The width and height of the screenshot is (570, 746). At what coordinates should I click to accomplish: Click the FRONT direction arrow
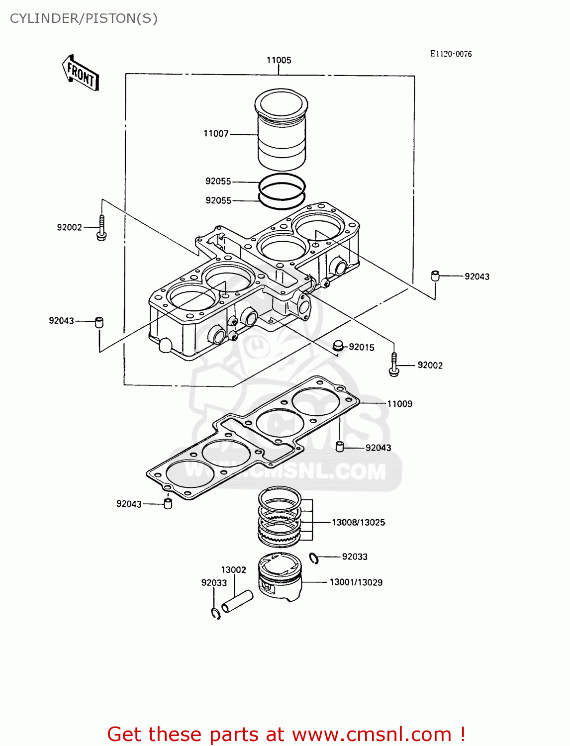(x=81, y=73)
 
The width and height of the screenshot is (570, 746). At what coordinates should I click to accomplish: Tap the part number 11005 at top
(x=279, y=60)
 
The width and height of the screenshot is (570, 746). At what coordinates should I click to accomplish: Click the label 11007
(x=216, y=134)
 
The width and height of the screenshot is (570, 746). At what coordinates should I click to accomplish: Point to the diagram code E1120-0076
(x=451, y=54)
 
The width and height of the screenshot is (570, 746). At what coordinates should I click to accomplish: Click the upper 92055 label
(x=218, y=182)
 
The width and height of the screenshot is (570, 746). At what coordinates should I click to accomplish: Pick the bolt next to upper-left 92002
(x=101, y=228)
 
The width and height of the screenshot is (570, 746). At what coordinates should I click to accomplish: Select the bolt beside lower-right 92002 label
(x=393, y=365)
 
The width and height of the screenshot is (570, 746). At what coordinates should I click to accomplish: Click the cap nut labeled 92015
(x=338, y=346)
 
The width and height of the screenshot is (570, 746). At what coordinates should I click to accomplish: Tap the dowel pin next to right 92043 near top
(x=435, y=276)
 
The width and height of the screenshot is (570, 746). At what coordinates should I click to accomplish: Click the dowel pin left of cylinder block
(x=99, y=322)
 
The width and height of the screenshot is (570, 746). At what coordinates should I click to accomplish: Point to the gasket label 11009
(x=400, y=404)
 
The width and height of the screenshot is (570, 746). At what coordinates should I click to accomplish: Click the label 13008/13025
(x=358, y=522)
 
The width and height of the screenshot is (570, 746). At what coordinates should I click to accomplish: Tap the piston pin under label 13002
(x=237, y=601)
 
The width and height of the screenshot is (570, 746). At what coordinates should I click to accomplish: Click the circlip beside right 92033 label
(x=314, y=558)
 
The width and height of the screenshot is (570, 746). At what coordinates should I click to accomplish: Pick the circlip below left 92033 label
(x=216, y=614)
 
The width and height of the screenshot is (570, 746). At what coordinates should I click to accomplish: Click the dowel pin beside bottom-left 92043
(x=168, y=504)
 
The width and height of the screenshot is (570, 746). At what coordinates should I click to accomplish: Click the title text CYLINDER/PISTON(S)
(x=84, y=18)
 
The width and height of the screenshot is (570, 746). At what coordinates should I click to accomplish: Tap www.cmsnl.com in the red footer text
(x=371, y=734)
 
